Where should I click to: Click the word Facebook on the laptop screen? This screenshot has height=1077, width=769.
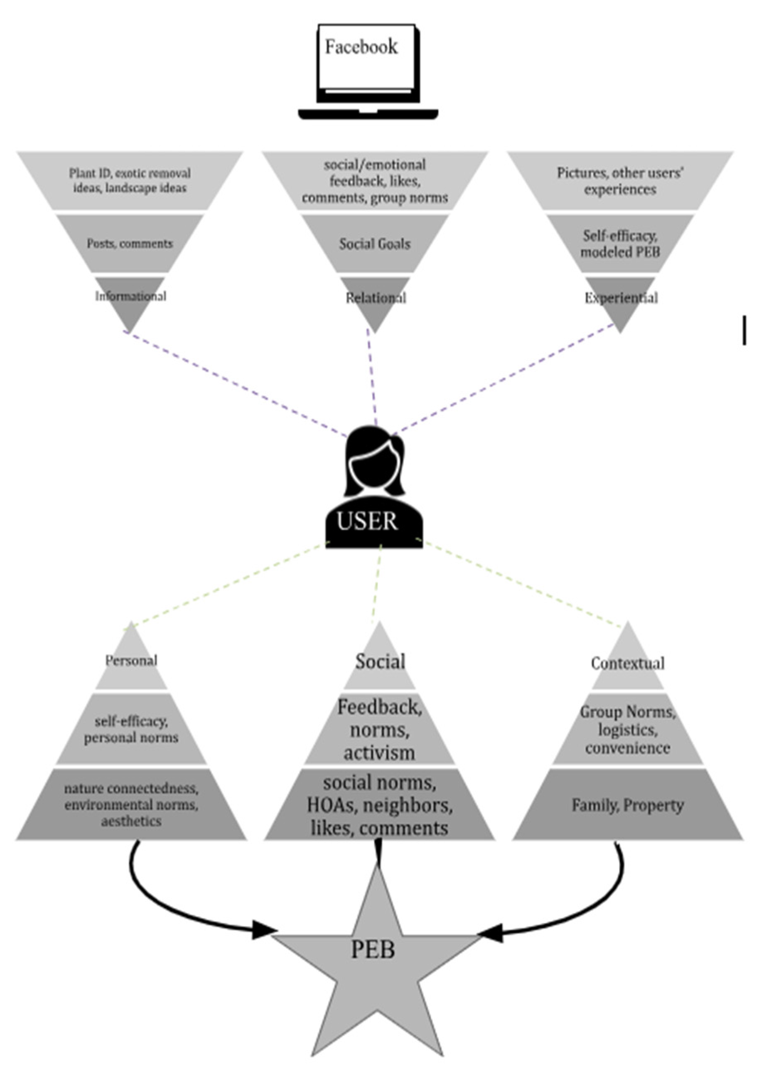click(x=361, y=47)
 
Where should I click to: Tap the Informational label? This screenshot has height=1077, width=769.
click(x=131, y=297)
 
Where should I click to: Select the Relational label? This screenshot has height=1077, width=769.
click(x=376, y=298)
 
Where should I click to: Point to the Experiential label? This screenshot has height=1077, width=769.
click(x=621, y=298)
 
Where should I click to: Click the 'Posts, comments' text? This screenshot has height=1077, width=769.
click(x=130, y=244)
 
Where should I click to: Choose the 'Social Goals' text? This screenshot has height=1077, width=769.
click(x=375, y=244)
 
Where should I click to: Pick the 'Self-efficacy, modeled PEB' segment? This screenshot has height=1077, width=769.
click(x=620, y=243)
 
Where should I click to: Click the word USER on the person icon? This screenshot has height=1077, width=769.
click(x=367, y=521)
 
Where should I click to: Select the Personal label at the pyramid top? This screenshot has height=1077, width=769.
click(x=131, y=660)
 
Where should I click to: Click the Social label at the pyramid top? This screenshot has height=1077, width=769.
click(x=380, y=661)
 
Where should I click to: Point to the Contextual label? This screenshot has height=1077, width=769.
click(x=627, y=663)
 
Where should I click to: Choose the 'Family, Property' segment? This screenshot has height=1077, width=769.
click(x=627, y=805)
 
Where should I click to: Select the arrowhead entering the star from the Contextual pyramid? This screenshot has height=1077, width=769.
click(x=490, y=933)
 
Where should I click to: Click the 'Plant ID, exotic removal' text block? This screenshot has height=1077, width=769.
click(x=130, y=180)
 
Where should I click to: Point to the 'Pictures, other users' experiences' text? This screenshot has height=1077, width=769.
click(x=620, y=181)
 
